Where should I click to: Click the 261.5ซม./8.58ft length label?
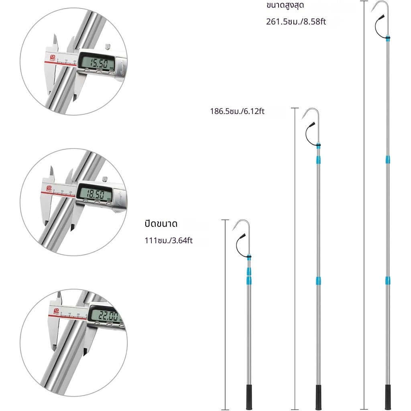point(296,21)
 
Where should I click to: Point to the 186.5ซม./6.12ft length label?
point(237,111)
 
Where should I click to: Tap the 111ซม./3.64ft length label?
point(169,241)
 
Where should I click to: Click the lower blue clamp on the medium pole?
point(318,280)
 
